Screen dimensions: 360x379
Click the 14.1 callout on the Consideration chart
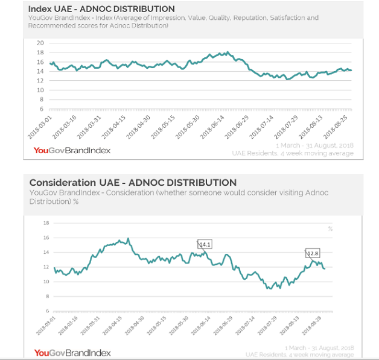pos(205,244)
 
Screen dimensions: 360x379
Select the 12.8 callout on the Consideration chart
pos(313,253)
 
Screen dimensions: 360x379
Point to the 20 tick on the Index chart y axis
pos(40,43)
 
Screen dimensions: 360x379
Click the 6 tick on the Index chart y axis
pos(41,109)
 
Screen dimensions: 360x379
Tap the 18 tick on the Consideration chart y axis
pos(45,223)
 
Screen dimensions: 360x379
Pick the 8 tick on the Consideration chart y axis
pos(46,296)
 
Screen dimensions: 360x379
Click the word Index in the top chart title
pos(40,9)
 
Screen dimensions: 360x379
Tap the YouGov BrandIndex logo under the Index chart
pos(72,150)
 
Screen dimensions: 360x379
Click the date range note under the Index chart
pos(314,145)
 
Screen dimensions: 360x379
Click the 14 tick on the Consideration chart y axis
pos(45,252)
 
